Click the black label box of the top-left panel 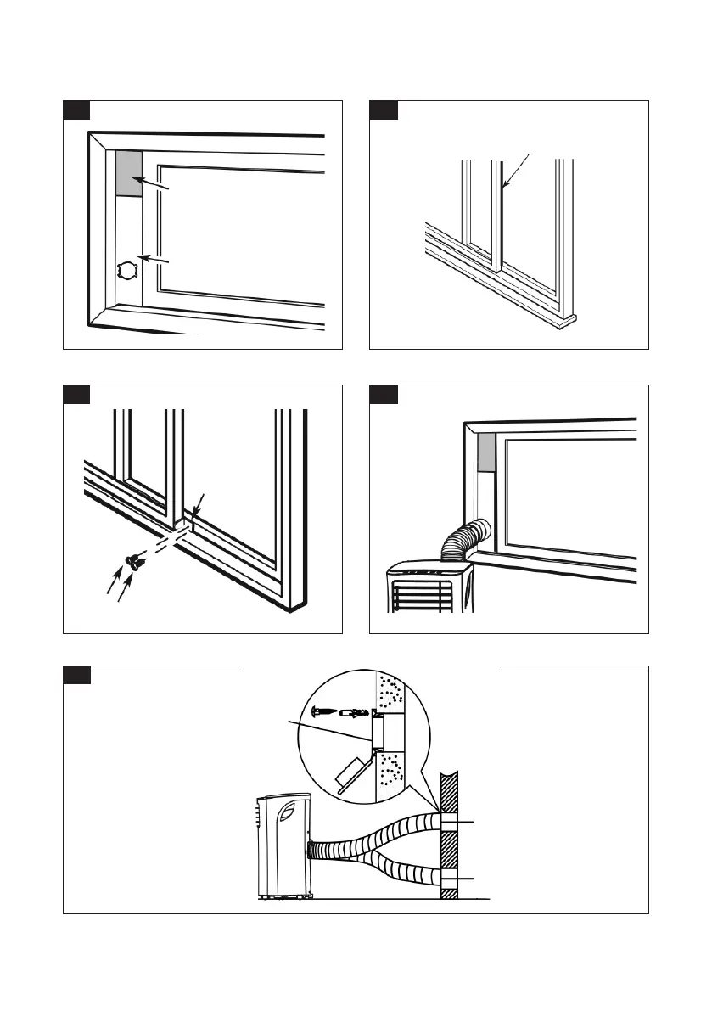click(x=76, y=111)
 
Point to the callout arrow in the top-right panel click(x=516, y=170)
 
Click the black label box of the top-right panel click(x=383, y=111)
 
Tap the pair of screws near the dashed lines click(x=132, y=559)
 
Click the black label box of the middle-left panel click(x=76, y=396)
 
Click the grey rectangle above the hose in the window click(x=486, y=453)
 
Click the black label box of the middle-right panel click(x=383, y=396)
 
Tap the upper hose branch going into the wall click(x=390, y=831)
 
